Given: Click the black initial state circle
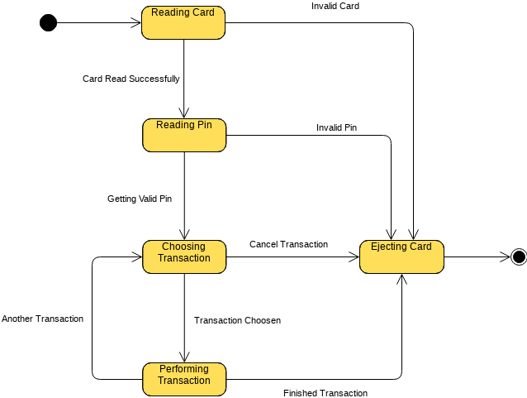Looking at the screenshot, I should tap(49, 23).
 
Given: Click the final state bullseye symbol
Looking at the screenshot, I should tap(519, 257).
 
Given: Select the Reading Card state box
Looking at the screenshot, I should tap(183, 22).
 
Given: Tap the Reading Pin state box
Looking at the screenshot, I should tap(183, 135).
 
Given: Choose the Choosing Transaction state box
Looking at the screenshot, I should tap(183, 257).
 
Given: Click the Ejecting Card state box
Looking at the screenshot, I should tap(401, 257).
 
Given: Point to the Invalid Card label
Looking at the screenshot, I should tap(335, 6).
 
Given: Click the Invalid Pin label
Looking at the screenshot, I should tap(336, 127).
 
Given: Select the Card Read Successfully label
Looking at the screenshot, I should tap(131, 79).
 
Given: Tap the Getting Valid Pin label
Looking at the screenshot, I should tap(140, 199).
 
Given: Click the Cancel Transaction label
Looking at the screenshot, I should tap(288, 244).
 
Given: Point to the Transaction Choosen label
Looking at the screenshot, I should tap(237, 320).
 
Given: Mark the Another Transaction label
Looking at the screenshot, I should tap(42, 319).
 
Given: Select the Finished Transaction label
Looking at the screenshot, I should tap(325, 393).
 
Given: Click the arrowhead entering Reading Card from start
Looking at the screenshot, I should tap(137, 23).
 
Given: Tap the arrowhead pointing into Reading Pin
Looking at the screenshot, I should tap(183, 114).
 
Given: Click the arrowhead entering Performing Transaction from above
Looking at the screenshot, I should tap(183, 358).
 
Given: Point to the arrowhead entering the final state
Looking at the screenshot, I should tap(506, 257).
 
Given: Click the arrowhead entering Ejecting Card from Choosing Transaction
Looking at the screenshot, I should tap(355, 257).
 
